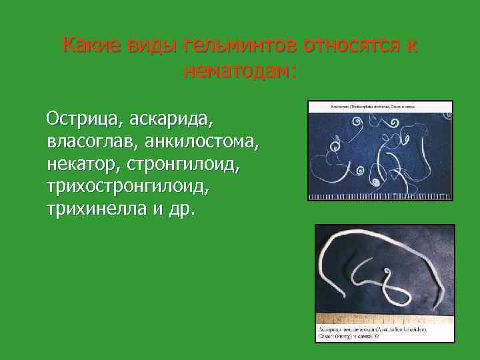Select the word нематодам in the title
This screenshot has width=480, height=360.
coord(237,70)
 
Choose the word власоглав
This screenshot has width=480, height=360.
coord(85,141)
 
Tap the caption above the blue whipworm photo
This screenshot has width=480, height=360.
coord(373,106)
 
